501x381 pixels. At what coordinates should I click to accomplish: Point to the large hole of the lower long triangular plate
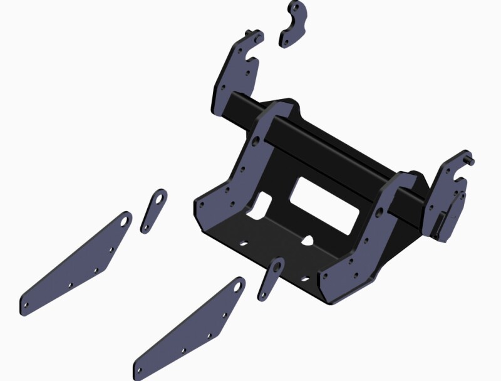(x=238, y=286)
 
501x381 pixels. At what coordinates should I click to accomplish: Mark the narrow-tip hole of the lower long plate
(x=140, y=369)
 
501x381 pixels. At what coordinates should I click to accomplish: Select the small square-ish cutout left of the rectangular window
(x=263, y=204)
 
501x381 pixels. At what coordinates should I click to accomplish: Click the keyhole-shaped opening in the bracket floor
(x=308, y=239)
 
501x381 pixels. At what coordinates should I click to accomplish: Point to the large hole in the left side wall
(x=257, y=139)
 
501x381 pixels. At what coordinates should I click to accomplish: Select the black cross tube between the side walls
(x=326, y=150)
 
